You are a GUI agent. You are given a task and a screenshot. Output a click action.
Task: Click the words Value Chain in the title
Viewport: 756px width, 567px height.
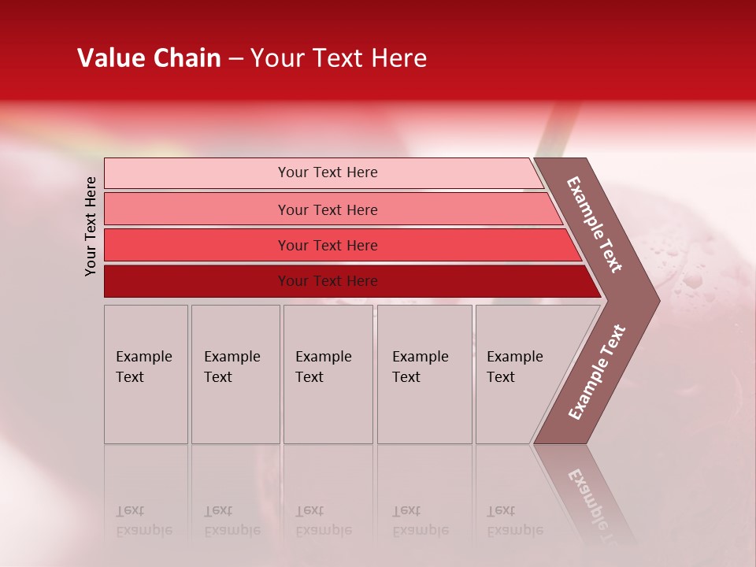(x=149, y=58)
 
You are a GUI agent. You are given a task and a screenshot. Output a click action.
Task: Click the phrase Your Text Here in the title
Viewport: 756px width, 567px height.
(x=339, y=58)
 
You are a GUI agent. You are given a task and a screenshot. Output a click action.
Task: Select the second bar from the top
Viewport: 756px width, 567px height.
(x=328, y=209)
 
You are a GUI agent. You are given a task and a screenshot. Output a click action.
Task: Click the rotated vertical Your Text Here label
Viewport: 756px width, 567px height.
(x=91, y=226)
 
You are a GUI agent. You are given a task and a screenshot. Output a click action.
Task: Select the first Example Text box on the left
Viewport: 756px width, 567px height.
(x=146, y=374)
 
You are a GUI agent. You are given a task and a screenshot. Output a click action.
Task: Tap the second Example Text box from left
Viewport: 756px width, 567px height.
(x=235, y=374)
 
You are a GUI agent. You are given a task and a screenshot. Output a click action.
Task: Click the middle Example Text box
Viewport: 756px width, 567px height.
(x=328, y=374)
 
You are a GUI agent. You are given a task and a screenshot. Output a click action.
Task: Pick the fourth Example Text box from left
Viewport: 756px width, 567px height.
(x=424, y=374)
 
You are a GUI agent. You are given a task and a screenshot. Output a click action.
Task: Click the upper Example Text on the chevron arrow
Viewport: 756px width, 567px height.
(x=595, y=224)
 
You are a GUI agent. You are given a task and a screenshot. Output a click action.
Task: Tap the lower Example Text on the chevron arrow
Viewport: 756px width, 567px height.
(x=597, y=372)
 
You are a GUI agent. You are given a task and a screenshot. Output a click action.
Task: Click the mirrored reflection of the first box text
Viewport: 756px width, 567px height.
(x=143, y=521)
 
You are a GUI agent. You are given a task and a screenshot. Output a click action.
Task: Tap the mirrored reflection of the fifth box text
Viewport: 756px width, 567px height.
(x=514, y=521)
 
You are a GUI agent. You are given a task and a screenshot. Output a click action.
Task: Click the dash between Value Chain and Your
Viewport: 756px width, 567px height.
(x=235, y=59)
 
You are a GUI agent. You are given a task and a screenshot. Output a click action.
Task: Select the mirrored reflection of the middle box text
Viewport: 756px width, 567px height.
(x=323, y=521)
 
